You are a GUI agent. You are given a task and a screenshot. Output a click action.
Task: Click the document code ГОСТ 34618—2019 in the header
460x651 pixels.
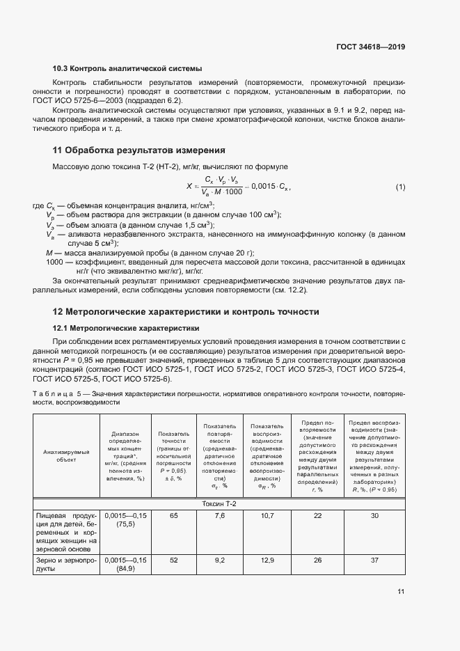[370, 47]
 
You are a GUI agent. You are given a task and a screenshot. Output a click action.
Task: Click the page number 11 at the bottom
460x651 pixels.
[401, 592]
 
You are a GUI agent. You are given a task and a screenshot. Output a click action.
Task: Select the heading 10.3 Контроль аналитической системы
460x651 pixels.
[127, 69]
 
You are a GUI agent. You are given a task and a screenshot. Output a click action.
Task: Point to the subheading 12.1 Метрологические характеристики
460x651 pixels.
[126, 327]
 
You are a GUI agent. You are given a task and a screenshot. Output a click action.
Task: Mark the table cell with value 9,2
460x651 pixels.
[219, 560]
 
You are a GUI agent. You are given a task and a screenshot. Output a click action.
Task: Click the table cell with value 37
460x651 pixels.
[376, 560]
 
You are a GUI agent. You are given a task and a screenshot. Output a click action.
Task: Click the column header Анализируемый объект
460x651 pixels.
[67, 456]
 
